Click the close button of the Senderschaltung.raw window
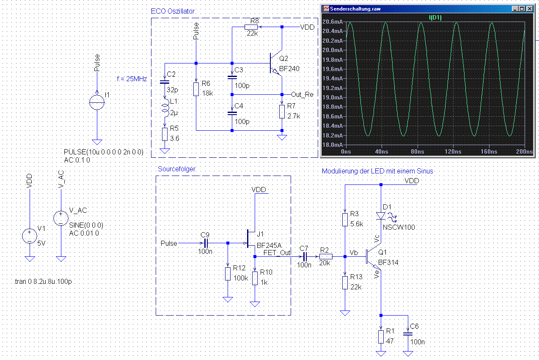[x=530, y=9]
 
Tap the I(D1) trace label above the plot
[x=435, y=18]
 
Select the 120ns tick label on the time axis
[x=453, y=151]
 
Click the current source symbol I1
[x=97, y=102]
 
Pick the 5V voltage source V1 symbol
[x=30, y=236]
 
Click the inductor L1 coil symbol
[x=165, y=108]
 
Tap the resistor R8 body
[x=251, y=27]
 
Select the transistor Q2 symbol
[x=276, y=63]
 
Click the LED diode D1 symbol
[x=381, y=216]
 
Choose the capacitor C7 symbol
[x=305, y=256]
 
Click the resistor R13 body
[x=345, y=283]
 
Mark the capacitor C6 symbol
[x=408, y=334]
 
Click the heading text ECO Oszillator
[x=173, y=11]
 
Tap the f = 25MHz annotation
[x=132, y=79]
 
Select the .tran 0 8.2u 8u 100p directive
[x=43, y=281]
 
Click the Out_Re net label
[x=302, y=95]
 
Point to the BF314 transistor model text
[x=388, y=262]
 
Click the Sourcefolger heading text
[x=176, y=169]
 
